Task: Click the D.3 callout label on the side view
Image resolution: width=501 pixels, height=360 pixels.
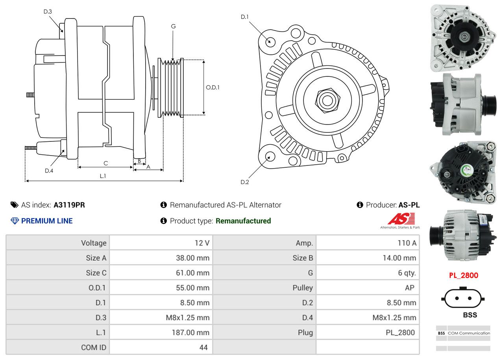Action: click(x=48, y=11)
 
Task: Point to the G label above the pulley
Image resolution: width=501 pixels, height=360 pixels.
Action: click(x=173, y=26)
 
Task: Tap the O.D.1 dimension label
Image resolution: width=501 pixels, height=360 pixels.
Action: click(x=213, y=87)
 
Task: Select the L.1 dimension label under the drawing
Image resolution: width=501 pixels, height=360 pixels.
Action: click(x=103, y=176)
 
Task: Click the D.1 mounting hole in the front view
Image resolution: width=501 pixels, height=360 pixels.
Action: click(x=270, y=41)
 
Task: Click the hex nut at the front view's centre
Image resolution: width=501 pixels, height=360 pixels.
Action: click(x=326, y=100)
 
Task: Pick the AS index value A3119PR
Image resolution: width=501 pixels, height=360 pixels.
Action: click(x=69, y=205)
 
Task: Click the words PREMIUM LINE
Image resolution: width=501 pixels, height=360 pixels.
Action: click(x=47, y=221)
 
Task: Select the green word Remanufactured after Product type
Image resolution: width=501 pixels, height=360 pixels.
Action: click(x=243, y=221)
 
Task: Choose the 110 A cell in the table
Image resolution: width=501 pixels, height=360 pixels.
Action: click(x=407, y=243)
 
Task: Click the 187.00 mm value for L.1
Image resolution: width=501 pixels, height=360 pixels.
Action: click(x=190, y=332)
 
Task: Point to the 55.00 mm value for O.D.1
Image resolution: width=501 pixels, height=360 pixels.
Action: click(x=192, y=288)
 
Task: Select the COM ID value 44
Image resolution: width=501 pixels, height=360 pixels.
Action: click(x=203, y=347)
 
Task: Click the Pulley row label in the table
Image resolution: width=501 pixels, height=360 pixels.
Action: click(x=303, y=288)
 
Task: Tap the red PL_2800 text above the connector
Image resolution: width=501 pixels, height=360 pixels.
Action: click(x=464, y=275)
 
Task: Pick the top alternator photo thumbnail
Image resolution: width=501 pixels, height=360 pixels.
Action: click(x=463, y=37)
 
